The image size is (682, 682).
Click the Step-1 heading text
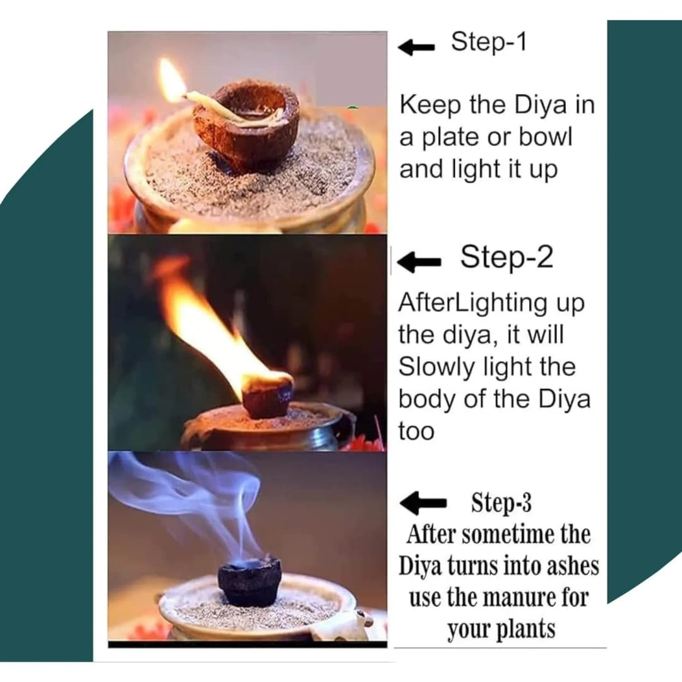point(488,42)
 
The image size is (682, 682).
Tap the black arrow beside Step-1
point(416,47)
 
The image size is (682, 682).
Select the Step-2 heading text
point(506,257)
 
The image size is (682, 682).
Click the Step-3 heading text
point(501,503)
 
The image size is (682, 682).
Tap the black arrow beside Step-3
point(424,503)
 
